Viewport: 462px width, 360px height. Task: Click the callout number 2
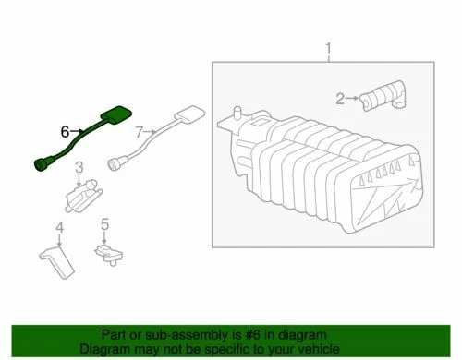pyautogui.click(x=340, y=98)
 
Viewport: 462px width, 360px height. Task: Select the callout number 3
pyautogui.click(x=79, y=167)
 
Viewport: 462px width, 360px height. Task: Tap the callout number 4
pyautogui.click(x=58, y=227)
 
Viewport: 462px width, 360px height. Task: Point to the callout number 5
pyautogui.click(x=105, y=224)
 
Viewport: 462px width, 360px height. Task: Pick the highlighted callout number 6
pyautogui.click(x=65, y=132)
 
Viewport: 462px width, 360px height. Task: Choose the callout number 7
pyautogui.click(x=140, y=134)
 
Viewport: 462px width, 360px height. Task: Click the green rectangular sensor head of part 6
pyautogui.click(x=115, y=114)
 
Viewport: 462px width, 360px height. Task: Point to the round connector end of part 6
pyautogui.click(x=39, y=165)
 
